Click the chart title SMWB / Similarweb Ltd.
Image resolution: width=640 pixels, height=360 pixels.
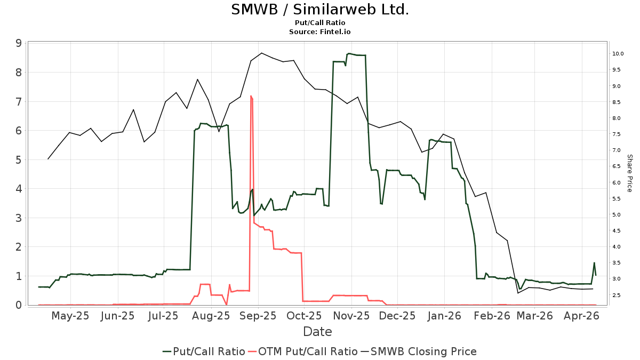point(320,10)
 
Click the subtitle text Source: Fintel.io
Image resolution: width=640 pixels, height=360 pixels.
point(320,32)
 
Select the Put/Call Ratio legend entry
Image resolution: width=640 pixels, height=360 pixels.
point(204,351)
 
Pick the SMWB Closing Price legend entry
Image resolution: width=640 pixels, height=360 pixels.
point(419,351)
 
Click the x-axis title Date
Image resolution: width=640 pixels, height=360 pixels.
point(317,332)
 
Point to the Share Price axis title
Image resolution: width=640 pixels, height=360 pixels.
point(629,173)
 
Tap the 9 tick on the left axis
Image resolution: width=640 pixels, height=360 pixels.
point(19,43)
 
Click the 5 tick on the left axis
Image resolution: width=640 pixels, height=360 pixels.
point(19,159)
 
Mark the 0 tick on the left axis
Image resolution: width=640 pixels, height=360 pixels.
point(19,305)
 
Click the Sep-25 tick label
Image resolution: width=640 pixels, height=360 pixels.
point(259,316)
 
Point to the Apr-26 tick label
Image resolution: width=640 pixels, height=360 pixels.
point(582,316)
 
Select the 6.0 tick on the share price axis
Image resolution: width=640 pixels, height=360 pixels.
point(618,182)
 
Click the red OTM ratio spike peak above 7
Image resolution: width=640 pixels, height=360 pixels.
point(251,97)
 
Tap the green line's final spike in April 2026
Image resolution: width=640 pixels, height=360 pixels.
point(594,263)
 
